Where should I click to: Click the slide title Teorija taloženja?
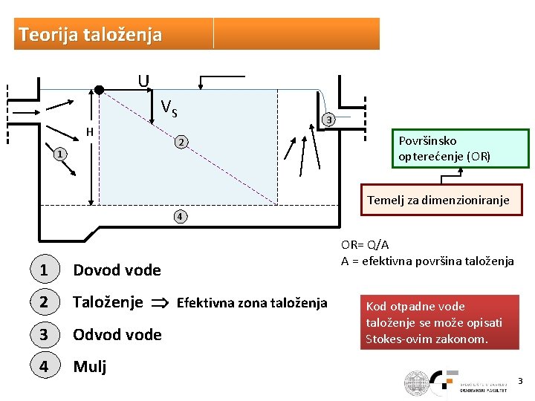pyautogui.click(x=90, y=34)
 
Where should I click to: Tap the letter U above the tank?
pyautogui.click(x=143, y=80)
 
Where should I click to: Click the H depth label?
pyautogui.click(x=88, y=132)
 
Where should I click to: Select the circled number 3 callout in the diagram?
pyautogui.click(x=329, y=120)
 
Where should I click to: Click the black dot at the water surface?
pyautogui.click(x=99, y=91)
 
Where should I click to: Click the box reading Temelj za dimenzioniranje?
pyautogui.click(x=438, y=200)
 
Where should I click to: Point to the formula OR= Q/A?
pyautogui.click(x=366, y=245)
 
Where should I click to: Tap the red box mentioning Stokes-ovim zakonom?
pyautogui.click(x=435, y=323)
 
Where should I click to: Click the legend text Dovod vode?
pyautogui.click(x=117, y=270)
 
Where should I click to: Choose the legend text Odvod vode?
pyautogui.click(x=117, y=335)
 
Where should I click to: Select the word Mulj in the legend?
pyautogui.click(x=89, y=367)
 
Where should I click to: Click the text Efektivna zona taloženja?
pyautogui.click(x=252, y=303)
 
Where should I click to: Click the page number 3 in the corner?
pyautogui.click(x=520, y=381)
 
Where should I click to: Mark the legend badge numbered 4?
pyautogui.click(x=44, y=367)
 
